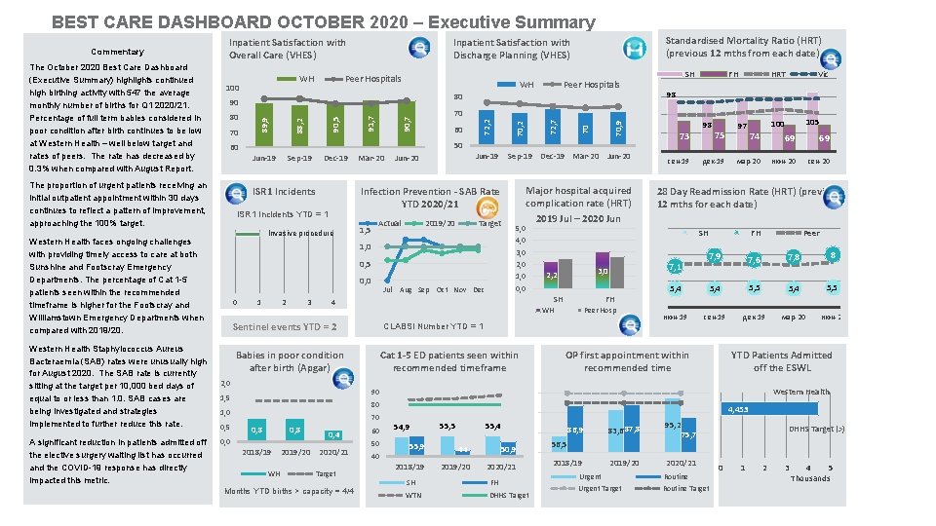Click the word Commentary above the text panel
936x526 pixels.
coord(117,52)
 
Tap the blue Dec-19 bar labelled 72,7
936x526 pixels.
coord(552,126)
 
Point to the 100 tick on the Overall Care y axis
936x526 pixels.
coord(232,88)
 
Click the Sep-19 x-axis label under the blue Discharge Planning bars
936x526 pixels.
coord(520,157)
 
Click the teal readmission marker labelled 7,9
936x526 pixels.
coord(714,256)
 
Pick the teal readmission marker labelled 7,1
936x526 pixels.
coord(675,267)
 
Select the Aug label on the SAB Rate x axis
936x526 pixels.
coord(406,290)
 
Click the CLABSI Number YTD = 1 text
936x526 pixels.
coord(433,326)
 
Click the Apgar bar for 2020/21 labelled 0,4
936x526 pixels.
coord(333,433)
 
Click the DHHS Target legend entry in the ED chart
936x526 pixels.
coord(509,496)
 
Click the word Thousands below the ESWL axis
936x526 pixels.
coord(810,478)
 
